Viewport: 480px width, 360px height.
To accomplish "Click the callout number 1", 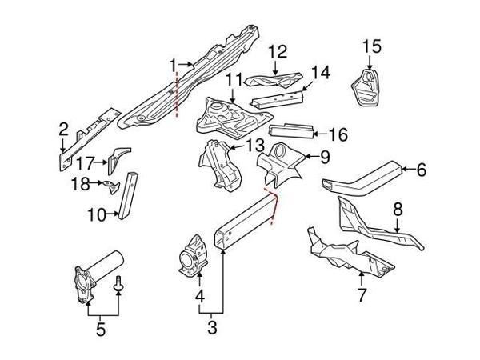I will (172, 63).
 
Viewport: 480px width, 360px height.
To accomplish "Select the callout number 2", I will (62, 127).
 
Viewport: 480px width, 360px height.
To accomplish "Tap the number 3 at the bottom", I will (212, 326).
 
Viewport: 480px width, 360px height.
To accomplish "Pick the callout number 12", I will (277, 53).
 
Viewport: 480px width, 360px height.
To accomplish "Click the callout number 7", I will (361, 297).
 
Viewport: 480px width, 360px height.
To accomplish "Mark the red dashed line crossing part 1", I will (177, 92).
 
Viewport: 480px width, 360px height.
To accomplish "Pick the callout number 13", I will (254, 145).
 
